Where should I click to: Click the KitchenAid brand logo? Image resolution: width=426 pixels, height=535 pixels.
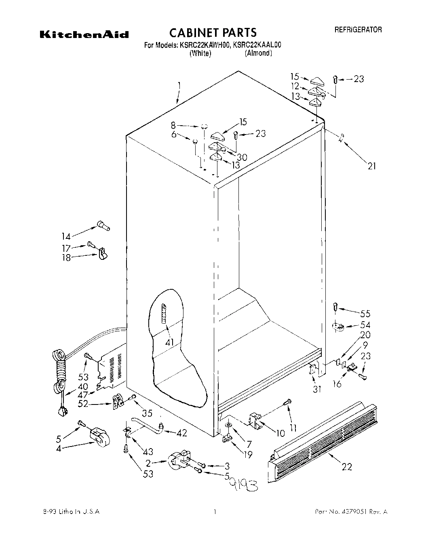pyautogui.click(x=84, y=35)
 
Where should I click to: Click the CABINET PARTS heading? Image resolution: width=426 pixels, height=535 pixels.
pyautogui.click(x=212, y=32)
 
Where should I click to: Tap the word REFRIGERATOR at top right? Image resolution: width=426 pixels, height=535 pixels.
pyautogui.click(x=358, y=29)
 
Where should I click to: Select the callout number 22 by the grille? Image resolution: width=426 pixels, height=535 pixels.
pyautogui.click(x=346, y=467)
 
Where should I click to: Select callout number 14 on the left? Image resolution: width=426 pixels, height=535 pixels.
pyautogui.click(x=66, y=236)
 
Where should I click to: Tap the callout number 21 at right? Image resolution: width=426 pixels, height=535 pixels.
pyautogui.click(x=371, y=165)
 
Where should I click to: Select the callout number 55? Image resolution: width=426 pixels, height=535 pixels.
pyautogui.click(x=365, y=314)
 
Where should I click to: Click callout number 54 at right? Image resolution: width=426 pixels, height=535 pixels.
pyautogui.click(x=365, y=325)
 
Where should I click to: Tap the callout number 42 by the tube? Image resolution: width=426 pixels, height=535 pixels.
pyautogui.click(x=182, y=433)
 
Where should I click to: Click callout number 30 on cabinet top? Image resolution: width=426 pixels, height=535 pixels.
pyautogui.click(x=242, y=157)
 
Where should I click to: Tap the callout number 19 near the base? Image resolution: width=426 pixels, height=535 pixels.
pyautogui.click(x=248, y=455)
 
